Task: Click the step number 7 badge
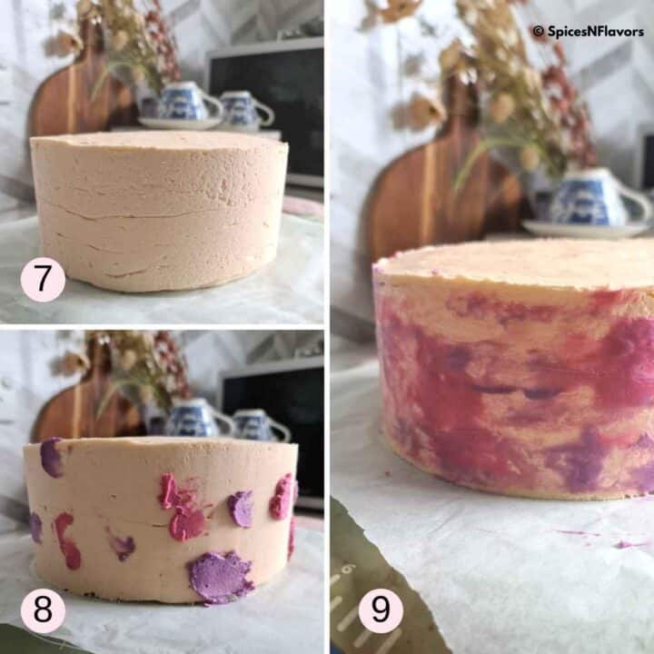coord(43,279)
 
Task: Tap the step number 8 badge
coord(43,609)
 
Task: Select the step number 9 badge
coord(380,609)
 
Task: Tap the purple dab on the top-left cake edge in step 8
coord(52,457)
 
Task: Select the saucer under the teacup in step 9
coord(581,229)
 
